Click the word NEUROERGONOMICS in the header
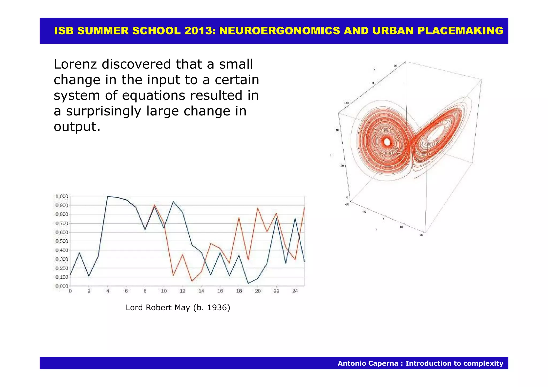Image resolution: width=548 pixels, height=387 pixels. [279, 31]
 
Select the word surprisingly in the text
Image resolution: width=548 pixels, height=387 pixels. [104, 111]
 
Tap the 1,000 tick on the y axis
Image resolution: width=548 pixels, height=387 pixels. [62, 196]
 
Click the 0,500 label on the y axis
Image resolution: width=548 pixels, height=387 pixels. [62, 241]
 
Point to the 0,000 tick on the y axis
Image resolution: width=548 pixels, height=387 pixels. [62, 286]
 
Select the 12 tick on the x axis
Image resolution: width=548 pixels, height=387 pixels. [182, 291]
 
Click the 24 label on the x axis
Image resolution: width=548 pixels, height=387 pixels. [295, 291]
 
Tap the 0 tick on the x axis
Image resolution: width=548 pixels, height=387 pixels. [70, 291]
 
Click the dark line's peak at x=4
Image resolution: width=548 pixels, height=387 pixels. [108, 197]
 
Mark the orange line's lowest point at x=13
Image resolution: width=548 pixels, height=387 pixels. [192, 281]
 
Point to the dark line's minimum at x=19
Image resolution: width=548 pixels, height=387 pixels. [248, 283]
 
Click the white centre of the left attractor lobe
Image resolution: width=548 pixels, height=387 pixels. [387, 142]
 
